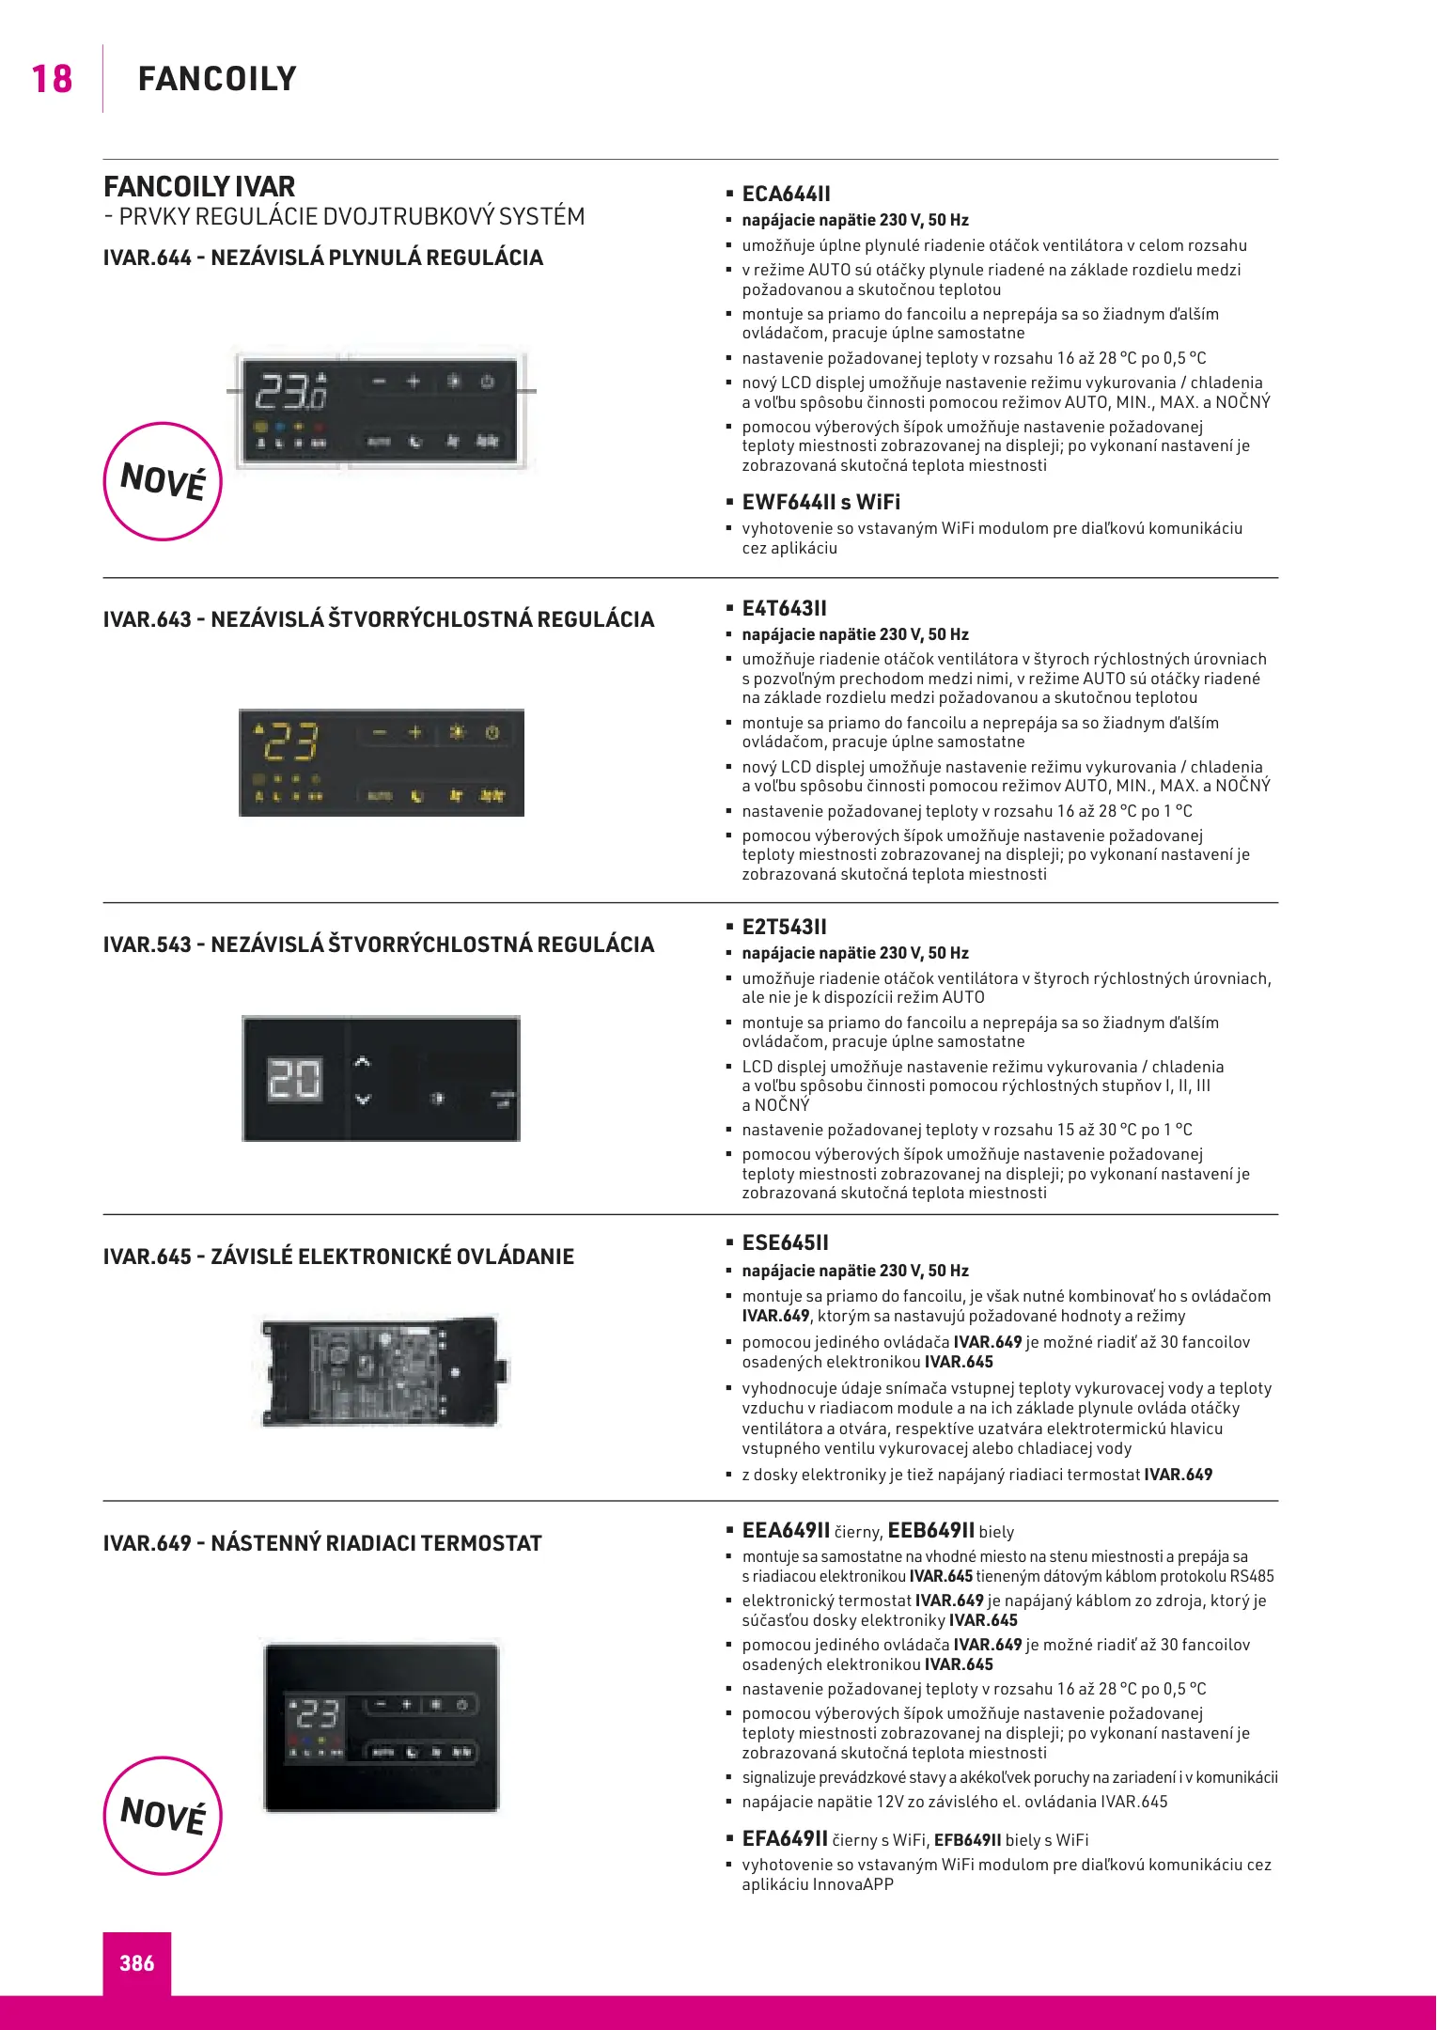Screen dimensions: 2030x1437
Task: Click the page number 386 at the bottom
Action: tap(137, 1962)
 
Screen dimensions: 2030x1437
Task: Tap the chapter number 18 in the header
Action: tap(52, 79)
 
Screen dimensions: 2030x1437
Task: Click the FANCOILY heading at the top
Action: tap(217, 79)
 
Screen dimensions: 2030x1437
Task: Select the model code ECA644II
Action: tap(786, 195)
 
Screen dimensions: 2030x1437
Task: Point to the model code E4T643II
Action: tap(784, 608)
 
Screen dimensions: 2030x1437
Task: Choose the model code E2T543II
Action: tap(784, 927)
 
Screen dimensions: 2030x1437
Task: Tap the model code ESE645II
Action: tap(785, 1242)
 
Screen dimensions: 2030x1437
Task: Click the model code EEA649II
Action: tap(786, 1530)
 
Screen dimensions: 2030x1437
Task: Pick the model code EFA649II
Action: tap(785, 1838)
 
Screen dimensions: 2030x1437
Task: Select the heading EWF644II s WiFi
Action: tap(820, 502)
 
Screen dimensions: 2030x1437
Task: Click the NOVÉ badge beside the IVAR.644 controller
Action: tap(163, 481)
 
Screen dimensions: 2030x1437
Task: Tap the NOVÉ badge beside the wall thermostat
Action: tap(163, 1816)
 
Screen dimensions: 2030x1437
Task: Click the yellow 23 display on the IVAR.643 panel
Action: tap(290, 742)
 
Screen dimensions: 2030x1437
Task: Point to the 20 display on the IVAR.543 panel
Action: tap(295, 1079)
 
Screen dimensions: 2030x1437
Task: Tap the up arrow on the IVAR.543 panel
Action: tap(363, 1063)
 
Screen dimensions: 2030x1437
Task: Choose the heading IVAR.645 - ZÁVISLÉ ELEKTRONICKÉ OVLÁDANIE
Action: tap(338, 1257)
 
